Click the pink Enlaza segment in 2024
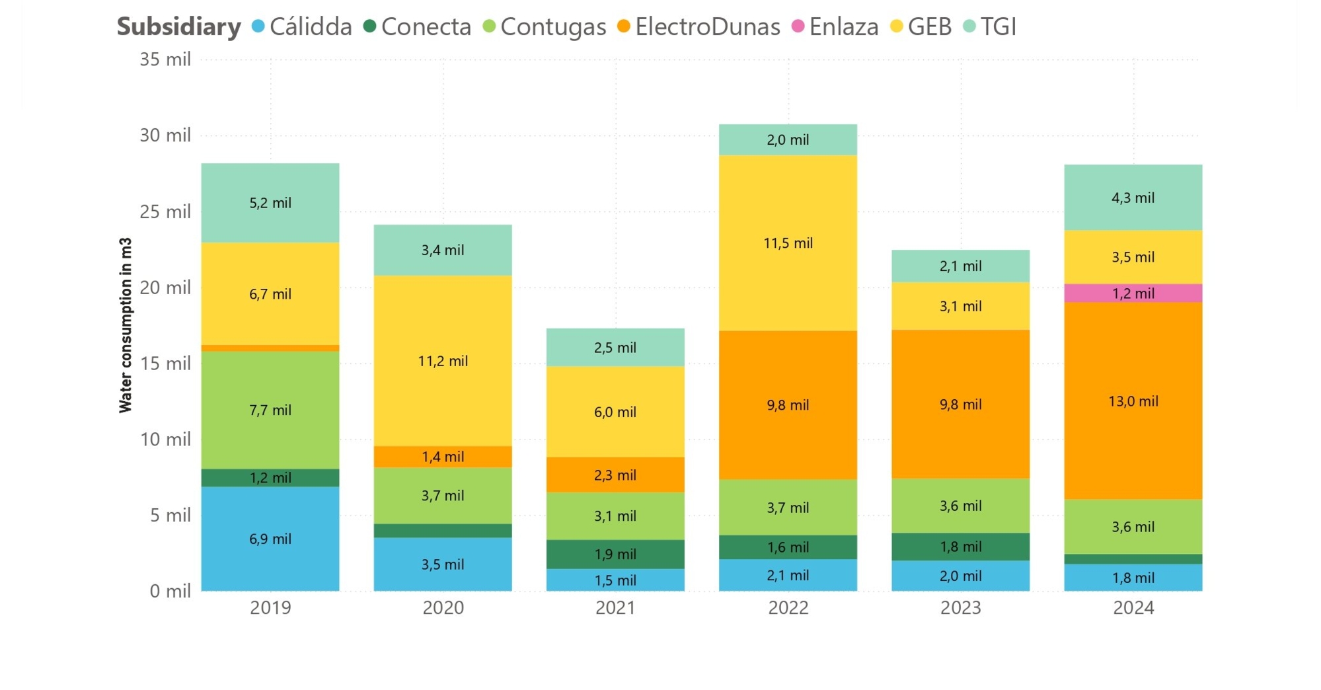(1133, 293)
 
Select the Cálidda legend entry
(303, 27)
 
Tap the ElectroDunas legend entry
(698, 27)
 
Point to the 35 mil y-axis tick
(165, 59)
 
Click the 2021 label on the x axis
(615, 607)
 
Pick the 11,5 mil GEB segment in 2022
(788, 243)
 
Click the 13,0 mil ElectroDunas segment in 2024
(1133, 401)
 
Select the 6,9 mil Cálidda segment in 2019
(270, 539)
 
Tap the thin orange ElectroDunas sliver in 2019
(270, 348)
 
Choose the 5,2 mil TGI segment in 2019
(270, 202)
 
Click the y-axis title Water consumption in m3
(126, 325)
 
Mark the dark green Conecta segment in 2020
(442, 531)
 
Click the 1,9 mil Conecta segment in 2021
(615, 554)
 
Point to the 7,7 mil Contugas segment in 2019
(270, 410)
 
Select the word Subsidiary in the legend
(179, 27)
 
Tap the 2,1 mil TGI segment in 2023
(960, 266)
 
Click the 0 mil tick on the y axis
(170, 591)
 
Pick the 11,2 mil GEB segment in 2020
(442, 361)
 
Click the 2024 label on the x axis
(1133, 607)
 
